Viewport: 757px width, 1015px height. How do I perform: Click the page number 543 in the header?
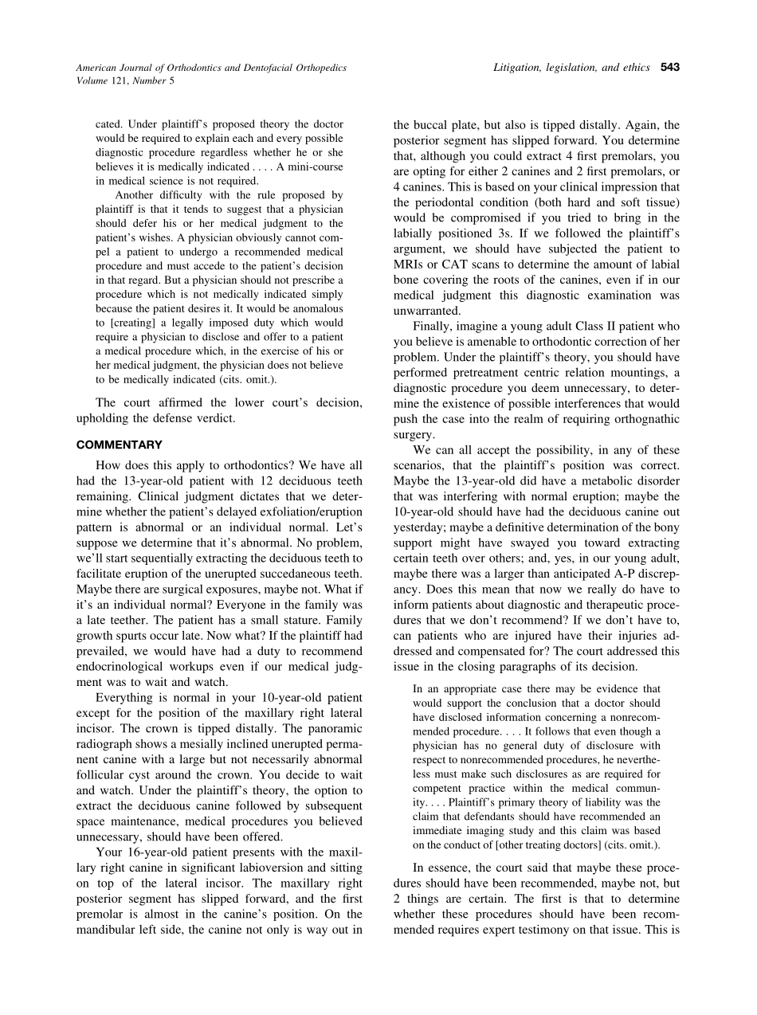coord(669,68)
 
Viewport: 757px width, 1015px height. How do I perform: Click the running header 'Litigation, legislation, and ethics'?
coord(572,68)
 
